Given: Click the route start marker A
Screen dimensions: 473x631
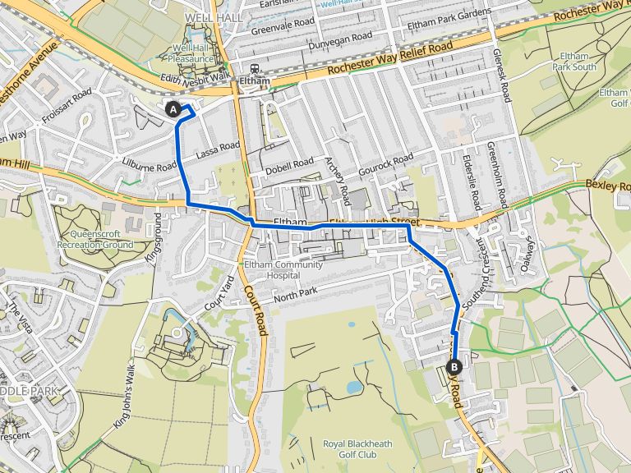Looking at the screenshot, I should (x=173, y=108).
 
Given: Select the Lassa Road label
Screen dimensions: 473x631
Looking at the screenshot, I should (x=218, y=150).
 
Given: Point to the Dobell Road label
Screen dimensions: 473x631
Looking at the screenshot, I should (x=289, y=165).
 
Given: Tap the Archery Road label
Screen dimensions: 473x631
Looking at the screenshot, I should (x=338, y=181).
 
